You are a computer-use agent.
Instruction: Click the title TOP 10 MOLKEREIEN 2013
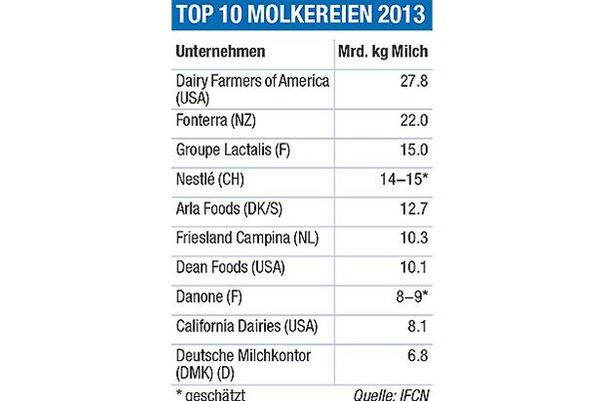[x=302, y=15]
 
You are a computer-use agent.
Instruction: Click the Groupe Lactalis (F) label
[x=233, y=150]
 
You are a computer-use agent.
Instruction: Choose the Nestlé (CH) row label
[x=208, y=181]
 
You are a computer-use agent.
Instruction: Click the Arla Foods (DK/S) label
[x=230, y=210]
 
